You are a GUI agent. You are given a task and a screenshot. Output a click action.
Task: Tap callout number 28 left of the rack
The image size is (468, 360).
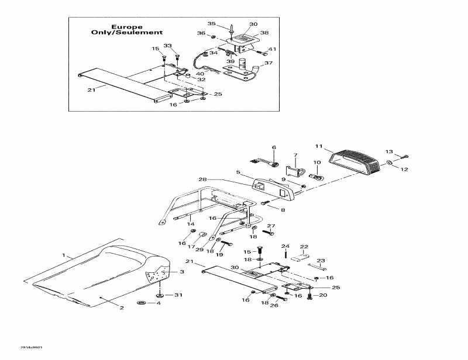click(x=202, y=179)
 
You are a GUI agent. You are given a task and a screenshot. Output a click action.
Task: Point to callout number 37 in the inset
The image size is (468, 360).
click(x=269, y=63)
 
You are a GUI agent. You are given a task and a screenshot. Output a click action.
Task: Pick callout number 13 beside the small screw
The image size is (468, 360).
click(x=390, y=151)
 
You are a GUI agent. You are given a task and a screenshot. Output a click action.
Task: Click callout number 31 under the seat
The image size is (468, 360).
click(x=179, y=295)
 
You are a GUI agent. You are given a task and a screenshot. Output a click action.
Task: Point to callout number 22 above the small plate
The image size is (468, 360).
click(x=304, y=247)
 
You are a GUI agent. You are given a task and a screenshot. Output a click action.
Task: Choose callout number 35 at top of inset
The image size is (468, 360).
click(x=212, y=23)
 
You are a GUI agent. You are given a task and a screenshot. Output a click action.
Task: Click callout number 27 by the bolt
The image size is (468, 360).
click(x=271, y=226)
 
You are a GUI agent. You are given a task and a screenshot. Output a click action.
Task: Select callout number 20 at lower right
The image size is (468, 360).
click(x=324, y=295)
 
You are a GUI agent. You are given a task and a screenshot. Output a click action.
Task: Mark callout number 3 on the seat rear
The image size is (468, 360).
click(x=181, y=272)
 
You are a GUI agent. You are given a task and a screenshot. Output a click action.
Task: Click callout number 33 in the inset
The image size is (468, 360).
click(x=168, y=46)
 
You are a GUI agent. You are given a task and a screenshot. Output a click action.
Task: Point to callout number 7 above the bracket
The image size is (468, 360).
click(x=295, y=155)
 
